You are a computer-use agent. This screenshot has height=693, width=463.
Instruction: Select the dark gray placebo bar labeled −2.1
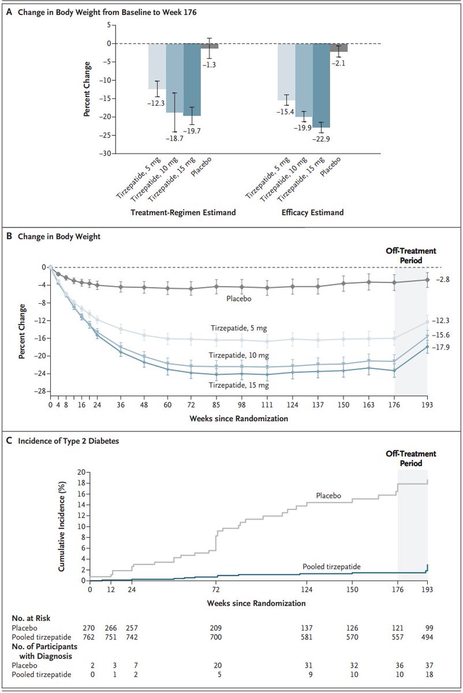click(339, 47)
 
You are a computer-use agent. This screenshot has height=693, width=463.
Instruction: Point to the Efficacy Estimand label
click(313, 213)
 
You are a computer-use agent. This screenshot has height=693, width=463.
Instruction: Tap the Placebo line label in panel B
click(237, 299)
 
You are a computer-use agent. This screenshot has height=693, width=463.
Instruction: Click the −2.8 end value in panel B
click(442, 280)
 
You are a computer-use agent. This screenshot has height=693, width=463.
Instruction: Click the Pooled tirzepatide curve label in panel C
click(331, 567)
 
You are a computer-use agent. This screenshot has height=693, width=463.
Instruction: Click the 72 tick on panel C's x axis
click(216, 590)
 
